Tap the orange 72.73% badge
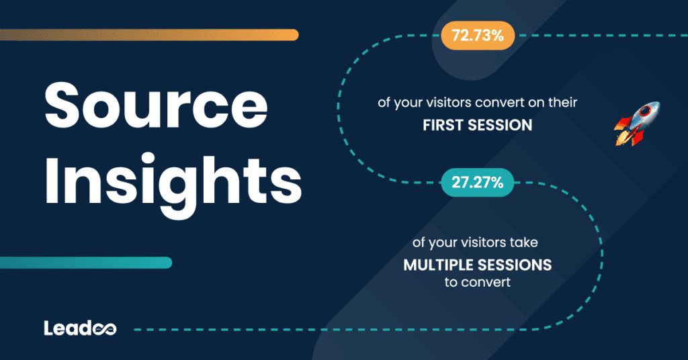point(478,36)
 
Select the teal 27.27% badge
point(478,182)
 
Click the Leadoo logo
point(80,328)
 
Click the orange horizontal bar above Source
point(150,34)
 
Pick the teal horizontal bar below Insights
point(86,263)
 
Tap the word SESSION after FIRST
point(504,125)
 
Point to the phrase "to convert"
point(477,282)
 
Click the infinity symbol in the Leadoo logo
point(107,328)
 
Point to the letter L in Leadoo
point(49,328)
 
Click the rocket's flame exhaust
point(621,137)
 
